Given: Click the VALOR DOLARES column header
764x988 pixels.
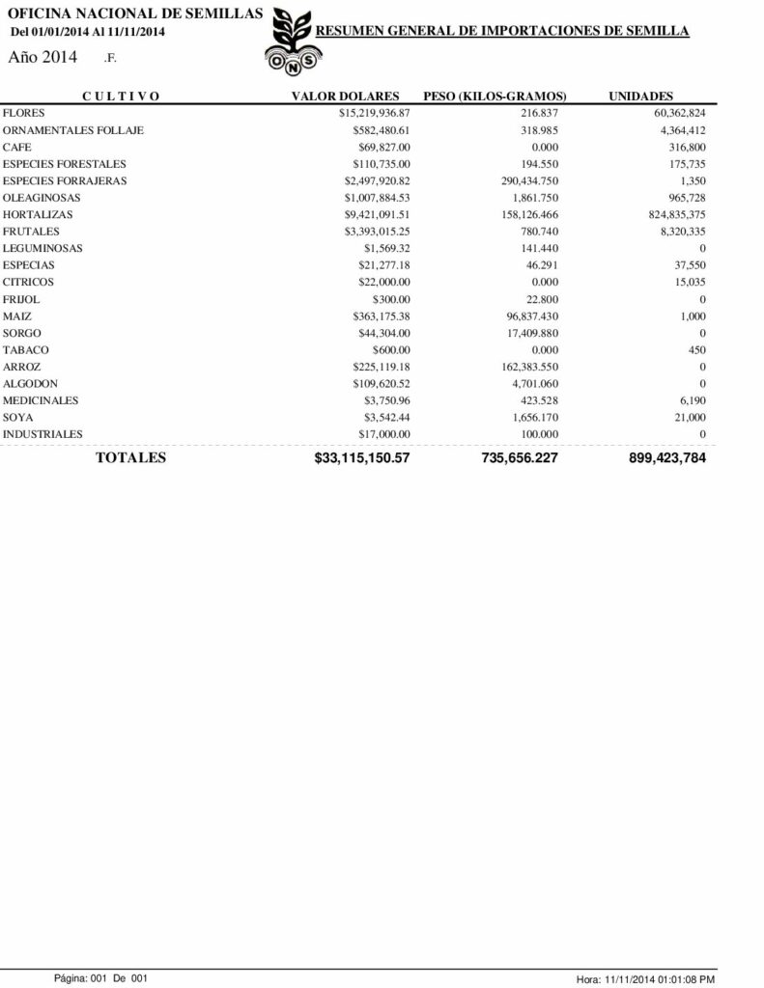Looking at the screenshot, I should tap(345, 96).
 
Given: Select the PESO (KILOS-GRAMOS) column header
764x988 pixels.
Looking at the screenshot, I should tap(495, 96).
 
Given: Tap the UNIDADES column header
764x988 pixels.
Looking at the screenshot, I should tap(640, 96).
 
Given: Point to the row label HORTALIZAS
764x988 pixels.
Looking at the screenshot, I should tap(38, 215).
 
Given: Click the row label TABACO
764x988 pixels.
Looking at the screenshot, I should tap(26, 350).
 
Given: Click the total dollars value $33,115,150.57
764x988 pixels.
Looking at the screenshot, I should tap(362, 458).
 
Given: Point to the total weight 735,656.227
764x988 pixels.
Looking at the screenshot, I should tap(519, 458).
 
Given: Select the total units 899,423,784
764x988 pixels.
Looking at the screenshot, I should tap(666, 458).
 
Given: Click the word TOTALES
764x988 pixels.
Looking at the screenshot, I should tap(130, 457).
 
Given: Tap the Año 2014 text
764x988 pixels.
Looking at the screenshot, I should tap(42, 58).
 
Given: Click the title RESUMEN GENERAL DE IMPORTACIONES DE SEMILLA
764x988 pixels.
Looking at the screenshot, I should tap(502, 32).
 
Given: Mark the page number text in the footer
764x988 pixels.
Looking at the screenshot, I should tap(99, 978).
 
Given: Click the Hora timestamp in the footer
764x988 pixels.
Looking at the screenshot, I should tap(644, 979).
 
